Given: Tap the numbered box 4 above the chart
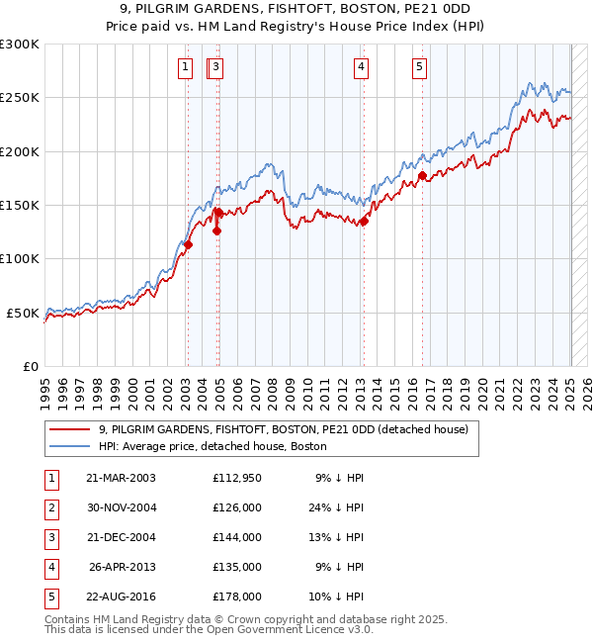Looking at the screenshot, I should pyautogui.click(x=362, y=67).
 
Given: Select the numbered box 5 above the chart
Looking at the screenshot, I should pyautogui.click(x=420, y=67).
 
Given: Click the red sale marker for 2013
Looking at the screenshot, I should pyautogui.click(x=364, y=222).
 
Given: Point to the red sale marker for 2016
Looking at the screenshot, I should pyautogui.click(x=422, y=176).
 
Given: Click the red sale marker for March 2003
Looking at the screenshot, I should pyautogui.click(x=188, y=245).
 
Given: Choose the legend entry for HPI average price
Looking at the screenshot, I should pyautogui.click(x=212, y=446).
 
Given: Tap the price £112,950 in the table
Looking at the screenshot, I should pyautogui.click(x=237, y=478).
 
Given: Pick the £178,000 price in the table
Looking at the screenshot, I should pyautogui.click(x=237, y=597).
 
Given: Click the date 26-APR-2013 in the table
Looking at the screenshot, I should pyautogui.click(x=123, y=567).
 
